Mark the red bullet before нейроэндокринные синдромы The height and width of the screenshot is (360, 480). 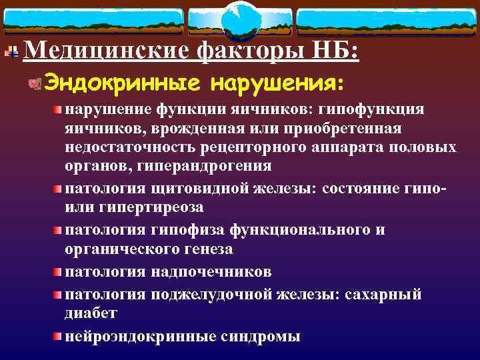click(59, 335)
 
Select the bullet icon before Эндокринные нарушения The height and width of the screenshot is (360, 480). click(35, 84)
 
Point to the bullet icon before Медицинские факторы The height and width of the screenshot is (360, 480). click(12, 51)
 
